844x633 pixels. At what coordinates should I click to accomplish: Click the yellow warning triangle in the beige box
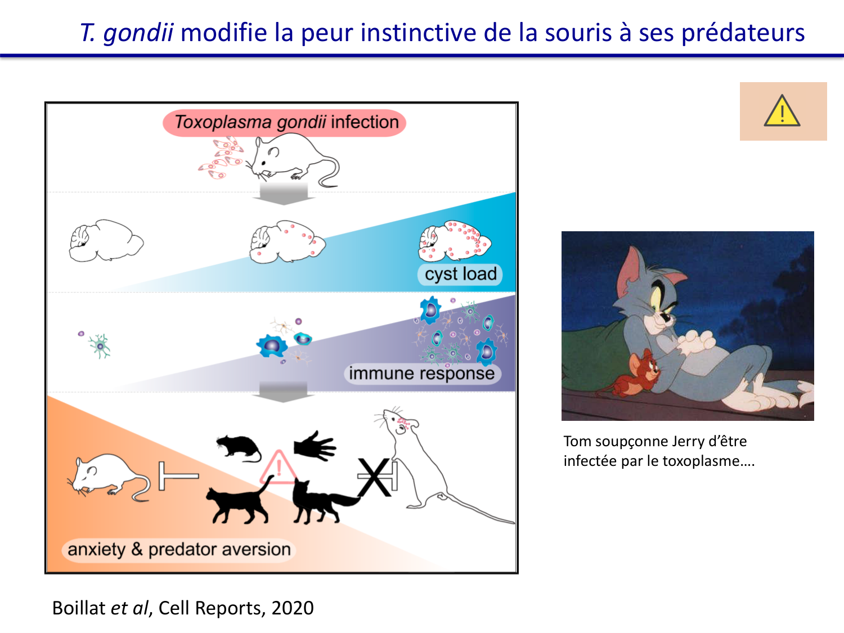click(782, 111)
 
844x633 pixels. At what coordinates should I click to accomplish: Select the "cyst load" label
click(460, 274)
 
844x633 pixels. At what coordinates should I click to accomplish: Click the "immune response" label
click(422, 373)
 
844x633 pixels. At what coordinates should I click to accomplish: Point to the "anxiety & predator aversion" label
click(179, 550)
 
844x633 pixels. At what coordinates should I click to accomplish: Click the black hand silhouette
click(315, 446)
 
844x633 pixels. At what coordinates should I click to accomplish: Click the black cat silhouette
click(239, 501)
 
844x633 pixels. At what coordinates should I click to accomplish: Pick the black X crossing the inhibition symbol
click(374, 477)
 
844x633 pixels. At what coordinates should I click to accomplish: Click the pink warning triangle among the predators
click(279, 468)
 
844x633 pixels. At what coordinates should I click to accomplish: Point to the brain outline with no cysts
click(106, 241)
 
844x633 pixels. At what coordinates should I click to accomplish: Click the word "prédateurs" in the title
click(743, 33)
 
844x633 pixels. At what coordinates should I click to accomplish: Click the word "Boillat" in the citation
click(79, 608)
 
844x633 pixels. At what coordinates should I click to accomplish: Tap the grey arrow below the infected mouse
click(284, 194)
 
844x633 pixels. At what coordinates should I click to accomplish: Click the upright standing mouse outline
click(423, 461)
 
